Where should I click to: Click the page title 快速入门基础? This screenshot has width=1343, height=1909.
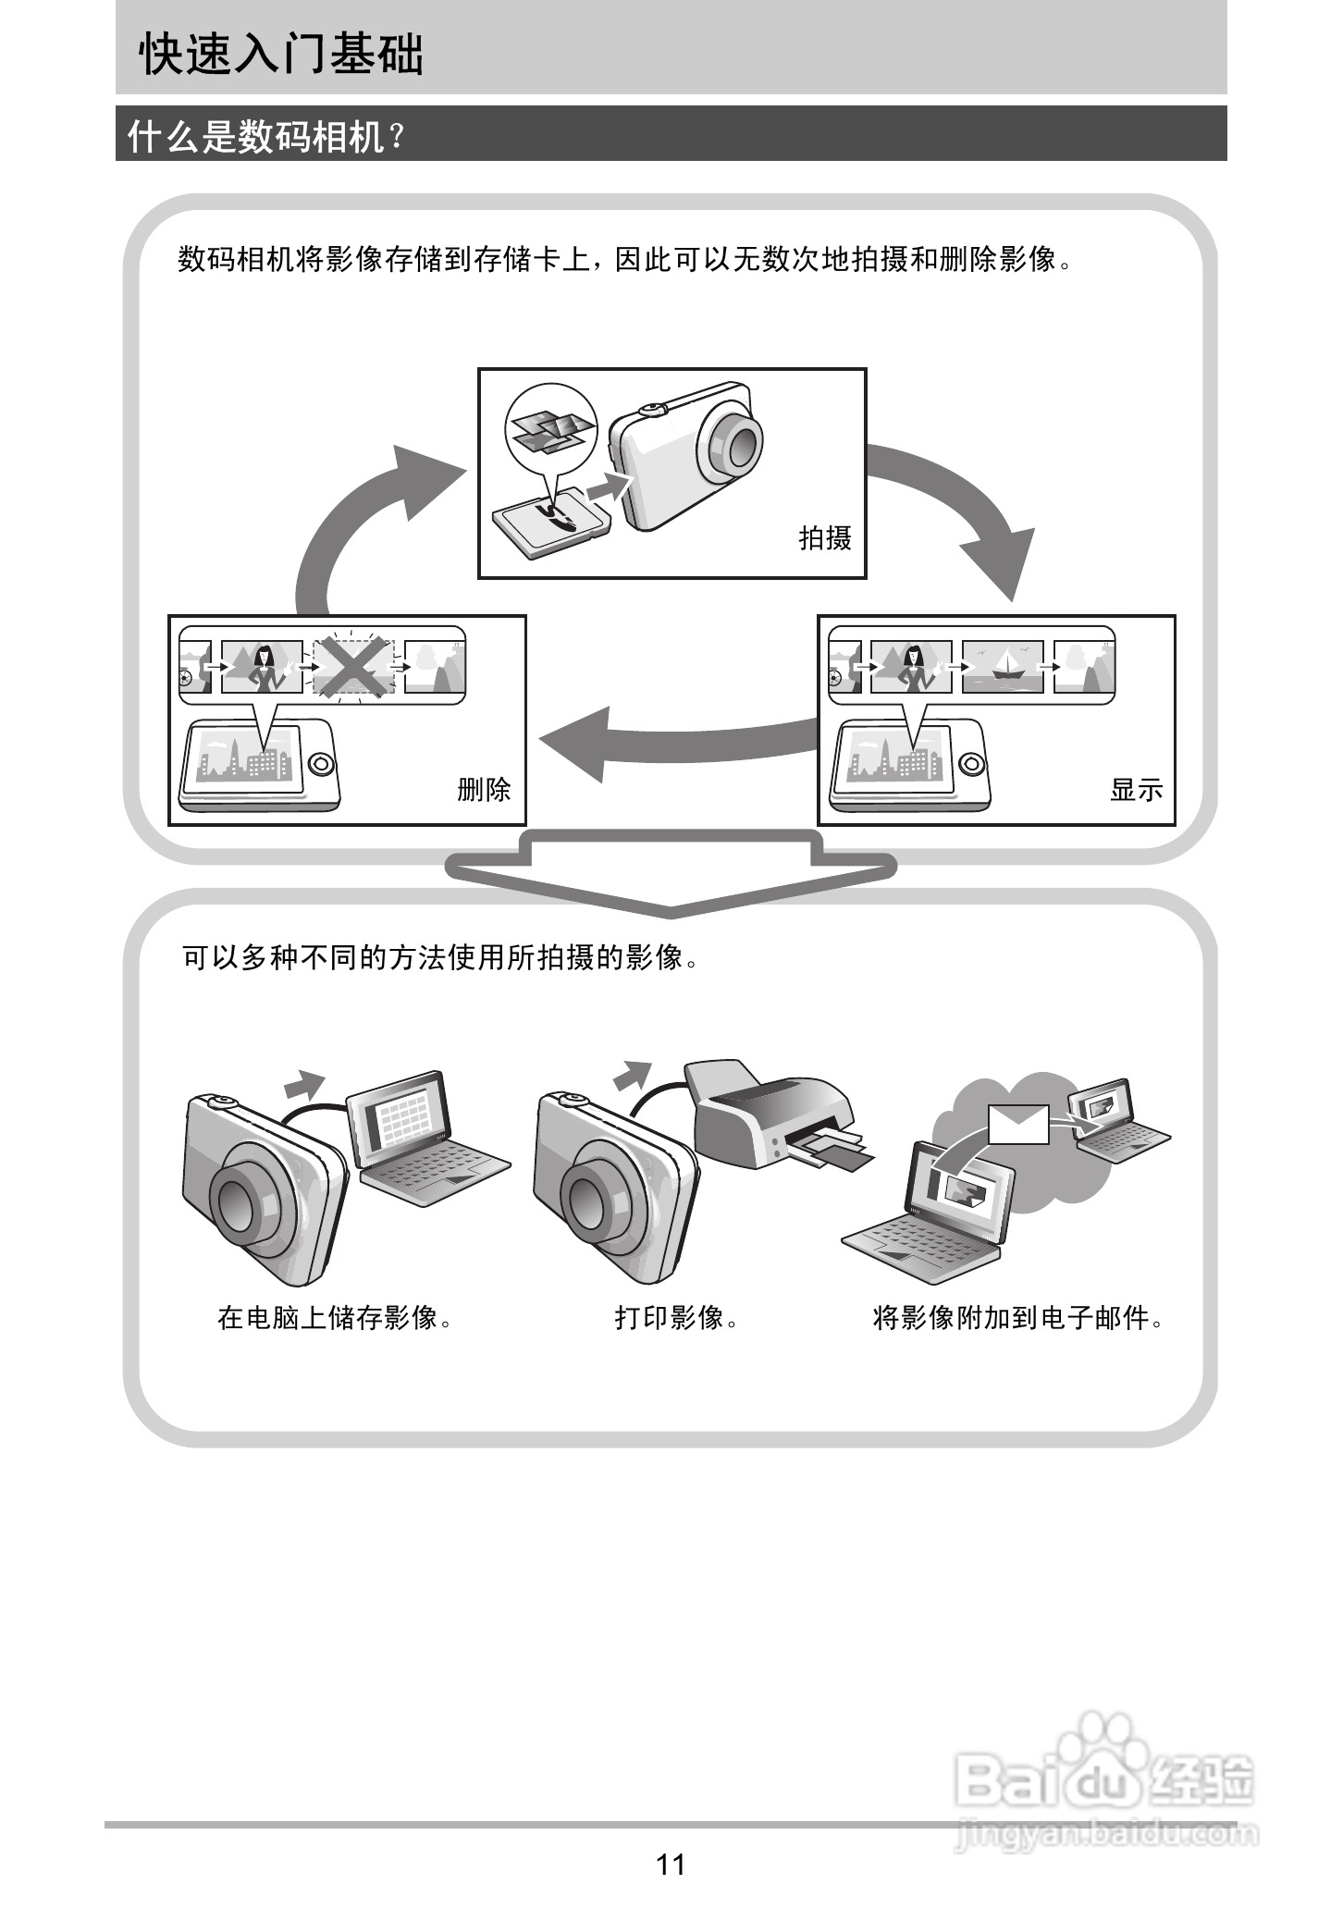click(x=281, y=55)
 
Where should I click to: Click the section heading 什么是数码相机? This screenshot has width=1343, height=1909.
click(x=266, y=137)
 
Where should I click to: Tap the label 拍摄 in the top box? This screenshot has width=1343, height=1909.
click(x=825, y=537)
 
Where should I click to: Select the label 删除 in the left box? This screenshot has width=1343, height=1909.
click(x=484, y=789)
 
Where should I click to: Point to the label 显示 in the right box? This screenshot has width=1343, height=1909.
click(x=1137, y=789)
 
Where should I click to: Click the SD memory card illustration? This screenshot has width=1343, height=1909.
click(x=549, y=521)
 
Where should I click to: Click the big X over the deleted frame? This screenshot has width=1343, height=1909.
click(x=353, y=666)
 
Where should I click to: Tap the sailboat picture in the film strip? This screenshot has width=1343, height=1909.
click(x=1003, y=666)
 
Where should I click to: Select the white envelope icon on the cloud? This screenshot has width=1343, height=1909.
click(x=1018, y=1124)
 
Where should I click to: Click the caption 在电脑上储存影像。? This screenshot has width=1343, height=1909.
click(x=336, y=1317)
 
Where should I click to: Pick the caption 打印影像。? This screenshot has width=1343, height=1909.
click(x=677, y=1317)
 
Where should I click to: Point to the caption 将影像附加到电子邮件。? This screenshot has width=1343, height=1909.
click(x=1017, y=1317)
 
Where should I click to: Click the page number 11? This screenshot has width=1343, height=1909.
click(x=671, y=1864)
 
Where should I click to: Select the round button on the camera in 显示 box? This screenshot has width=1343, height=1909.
click(x=971, y=765)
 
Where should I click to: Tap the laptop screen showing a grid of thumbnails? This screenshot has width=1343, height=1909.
click(x=402, y=1122)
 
